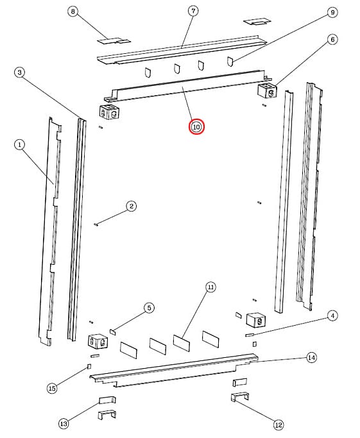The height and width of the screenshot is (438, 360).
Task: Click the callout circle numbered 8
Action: tap(73, 12)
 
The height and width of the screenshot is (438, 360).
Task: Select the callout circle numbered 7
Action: tap(193, 11)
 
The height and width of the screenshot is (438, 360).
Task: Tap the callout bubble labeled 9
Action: tap(332, 12)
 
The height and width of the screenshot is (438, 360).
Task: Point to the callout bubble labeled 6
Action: tap(332, 40)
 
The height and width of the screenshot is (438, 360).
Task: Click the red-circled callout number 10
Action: tap(196, 127)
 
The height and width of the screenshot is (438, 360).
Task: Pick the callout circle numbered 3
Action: tap(19, 72)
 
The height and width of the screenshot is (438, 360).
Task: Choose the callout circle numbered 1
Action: tap(19, 145)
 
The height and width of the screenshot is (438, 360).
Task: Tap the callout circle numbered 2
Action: tap(132, 206)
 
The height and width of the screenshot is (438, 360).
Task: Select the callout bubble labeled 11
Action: tap(210, 287)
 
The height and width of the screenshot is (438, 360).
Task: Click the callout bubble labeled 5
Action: tap(149, 308)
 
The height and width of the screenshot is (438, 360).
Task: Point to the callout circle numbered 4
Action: tap(332, 316)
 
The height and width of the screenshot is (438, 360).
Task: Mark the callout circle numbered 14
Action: tap(312, 358)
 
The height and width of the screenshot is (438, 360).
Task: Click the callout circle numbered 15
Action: tap(52, 388)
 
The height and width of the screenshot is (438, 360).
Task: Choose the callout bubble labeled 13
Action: tap(64, 424)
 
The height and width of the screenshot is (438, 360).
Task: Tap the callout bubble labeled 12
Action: tap(279, 425)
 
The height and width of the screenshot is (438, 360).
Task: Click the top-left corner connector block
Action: tap(110, 112)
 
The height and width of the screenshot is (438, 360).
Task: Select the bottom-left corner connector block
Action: tap(98, 341)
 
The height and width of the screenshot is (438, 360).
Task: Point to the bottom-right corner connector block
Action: tap(256, 320)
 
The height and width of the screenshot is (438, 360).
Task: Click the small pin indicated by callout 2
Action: tap(97, 224)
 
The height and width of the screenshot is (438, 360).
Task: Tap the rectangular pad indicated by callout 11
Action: tap(182, 342)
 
